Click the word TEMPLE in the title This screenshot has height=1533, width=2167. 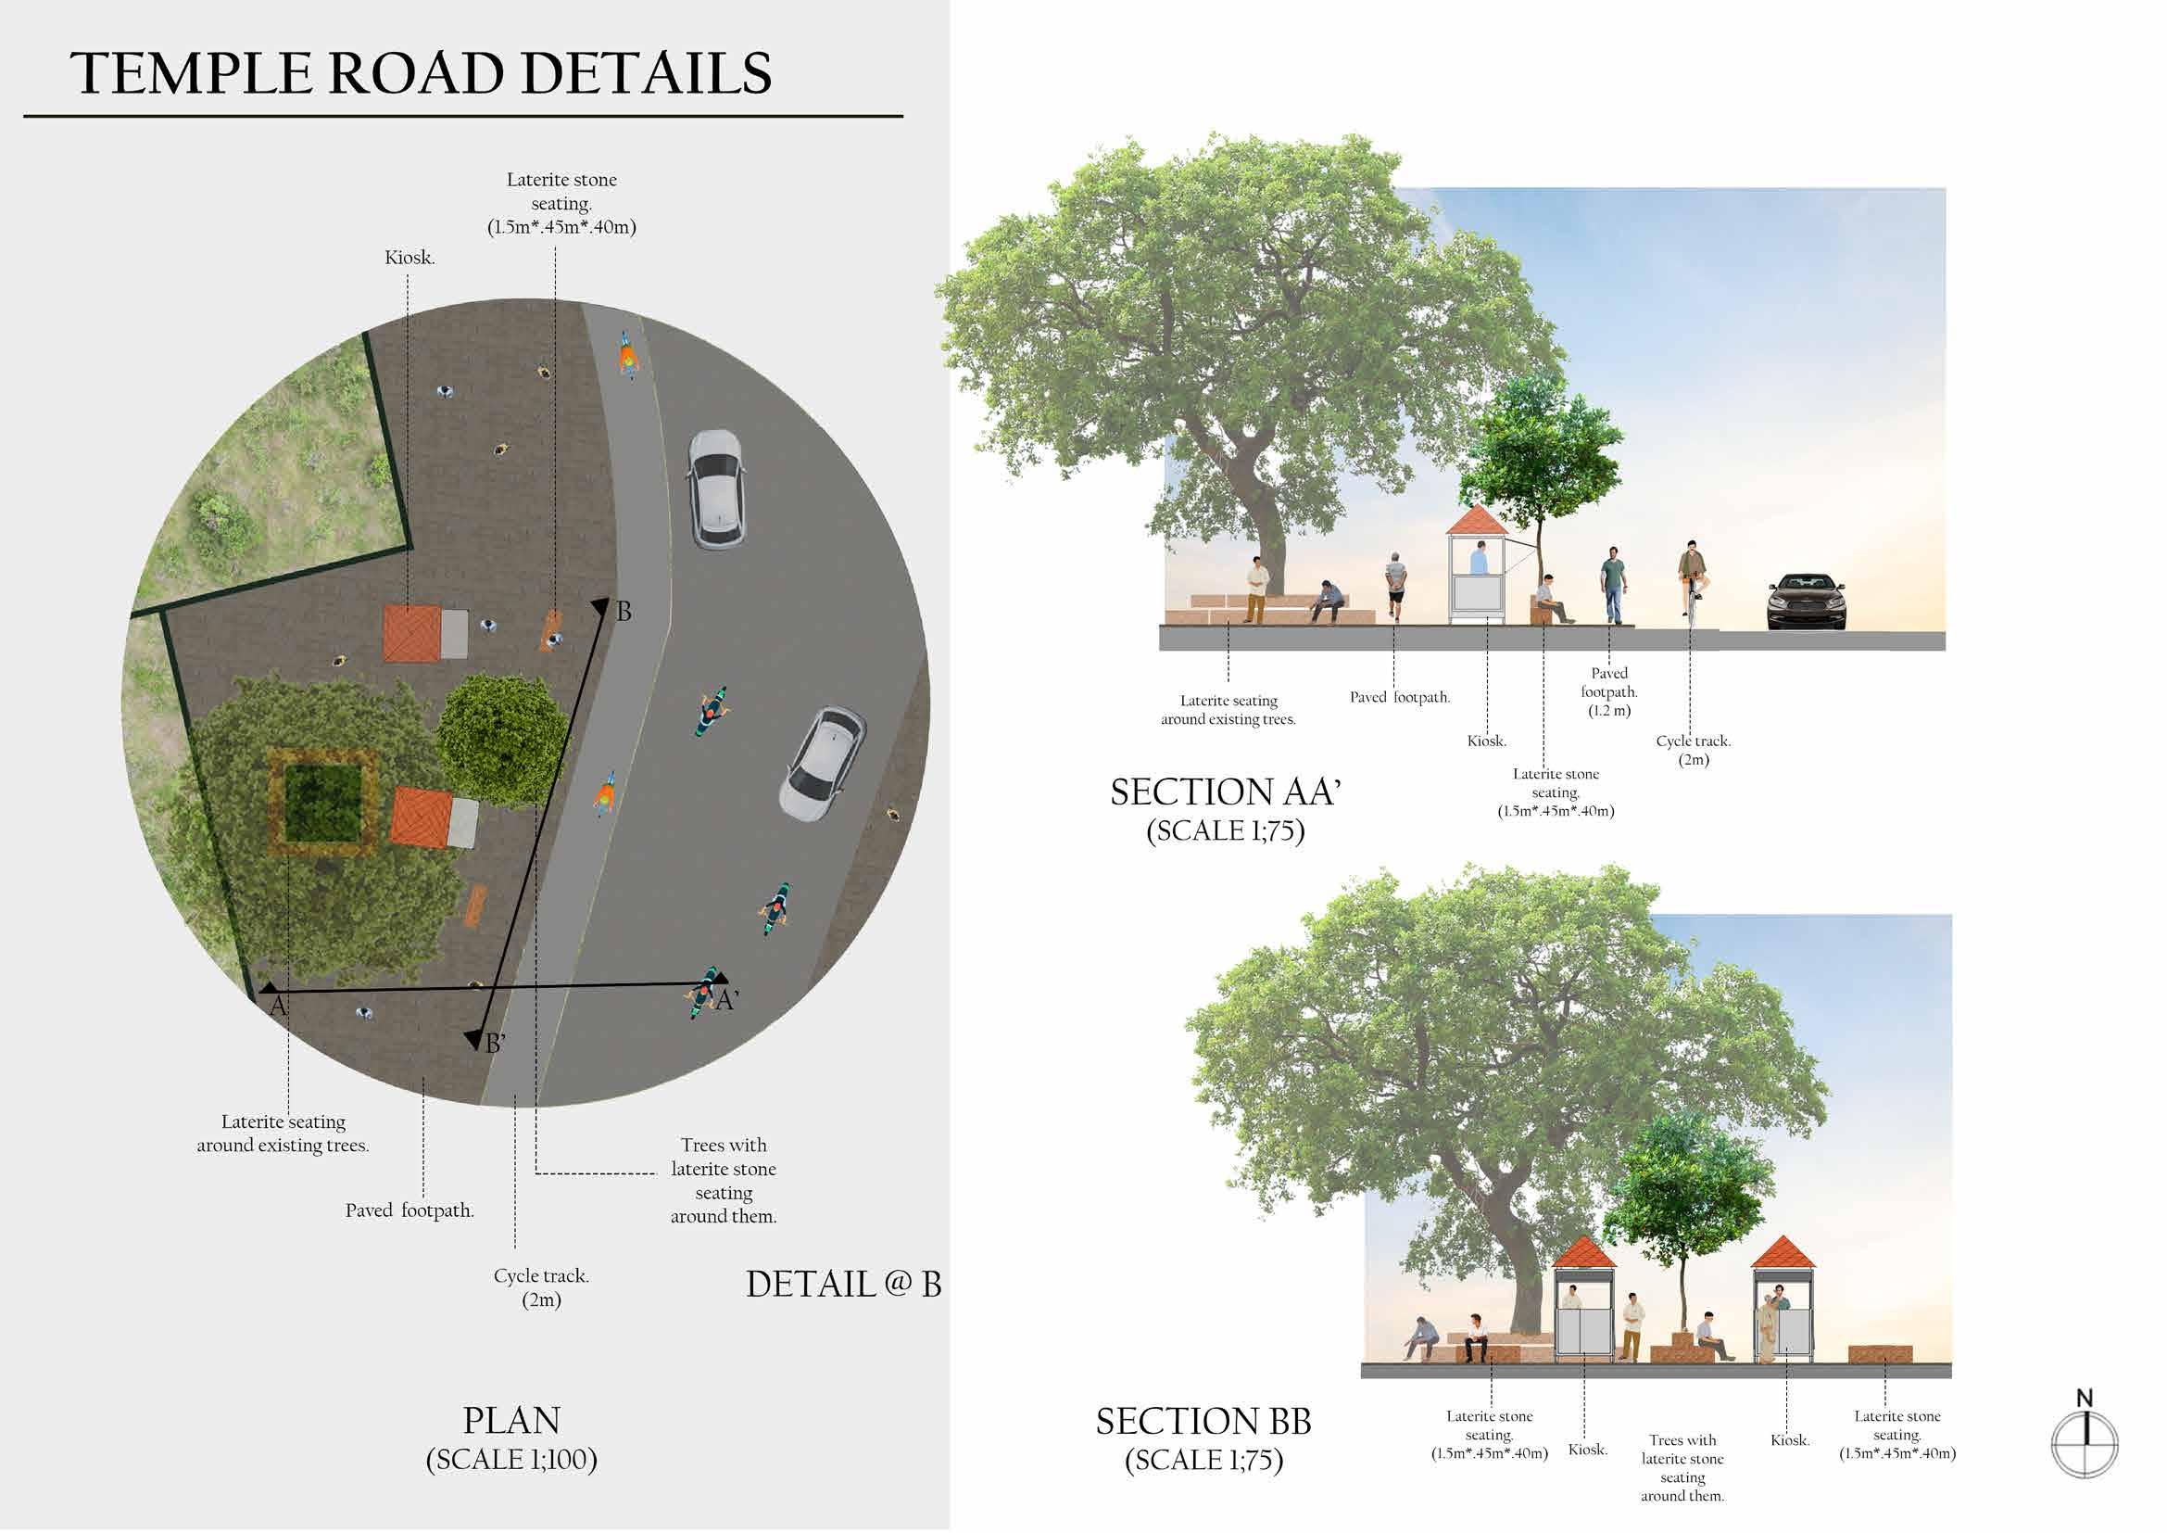[x=193, y=73]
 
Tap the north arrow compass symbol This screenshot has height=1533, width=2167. [x=2085, y=1442]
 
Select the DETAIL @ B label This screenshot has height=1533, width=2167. [x=843, y=1285]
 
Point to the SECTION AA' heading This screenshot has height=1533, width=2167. [x=1225, y=792]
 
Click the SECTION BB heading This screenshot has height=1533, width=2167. [x=1203, y=1422]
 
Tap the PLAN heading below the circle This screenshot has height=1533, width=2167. [x=511, y=1421]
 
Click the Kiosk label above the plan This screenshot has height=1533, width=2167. [x=409, y=258]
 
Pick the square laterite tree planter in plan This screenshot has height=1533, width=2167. [x=323, y=803]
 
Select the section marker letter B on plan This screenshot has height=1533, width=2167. [x=624, y=612]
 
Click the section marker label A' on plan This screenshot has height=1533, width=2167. [x=725, y=1001]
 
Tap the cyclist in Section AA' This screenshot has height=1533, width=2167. [x=1692, y=577]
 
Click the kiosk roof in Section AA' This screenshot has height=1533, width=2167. [x=1479, y=519]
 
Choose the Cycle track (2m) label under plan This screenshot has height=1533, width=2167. [x=541, y=1287]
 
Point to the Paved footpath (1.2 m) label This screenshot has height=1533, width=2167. [x=1609, y=692]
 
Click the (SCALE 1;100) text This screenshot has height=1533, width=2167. [x=511, y=1461]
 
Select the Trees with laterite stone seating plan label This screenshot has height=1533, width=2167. [x=724, y=1180]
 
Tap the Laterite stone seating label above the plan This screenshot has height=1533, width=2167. [x=561, y=203]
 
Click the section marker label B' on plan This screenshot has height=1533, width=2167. [x=496, y=1044]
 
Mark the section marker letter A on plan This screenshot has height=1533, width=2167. [x=278, y=1007]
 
